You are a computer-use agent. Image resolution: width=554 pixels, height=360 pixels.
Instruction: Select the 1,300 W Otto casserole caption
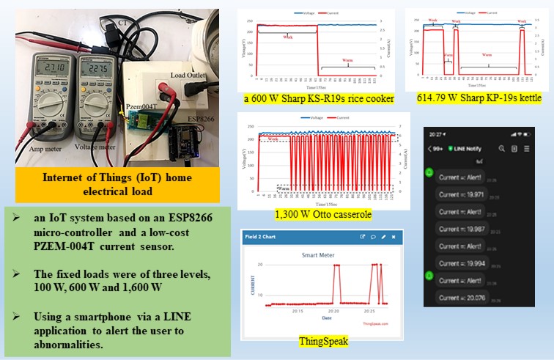(x=323, y=214)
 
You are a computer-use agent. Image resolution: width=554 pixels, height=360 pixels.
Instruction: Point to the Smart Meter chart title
(x=324, y=255)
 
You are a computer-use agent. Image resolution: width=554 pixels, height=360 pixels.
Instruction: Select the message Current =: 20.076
(x=462, y=298)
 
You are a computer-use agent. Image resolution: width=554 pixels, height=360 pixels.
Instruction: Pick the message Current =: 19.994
(x=462, y=263)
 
